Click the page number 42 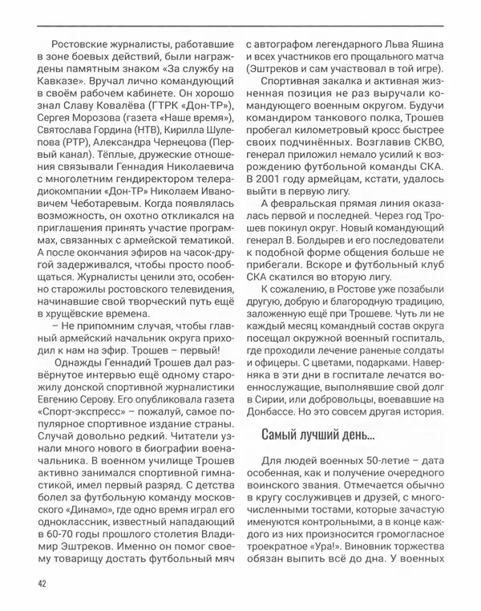pos(40,583)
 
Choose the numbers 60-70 pos(69,522)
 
